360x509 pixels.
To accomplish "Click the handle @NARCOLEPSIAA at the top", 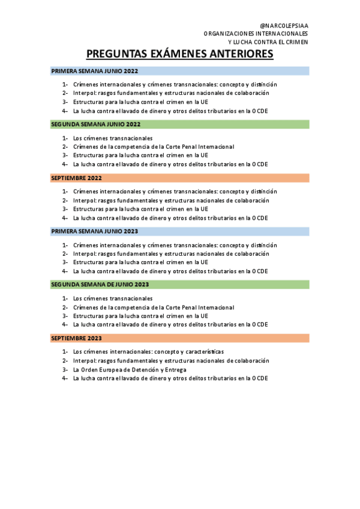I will [x=284, y=25].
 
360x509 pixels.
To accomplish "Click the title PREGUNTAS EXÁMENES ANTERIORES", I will [x=180, y=55].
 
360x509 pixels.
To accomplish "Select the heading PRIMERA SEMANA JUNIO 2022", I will [x=95, y=71].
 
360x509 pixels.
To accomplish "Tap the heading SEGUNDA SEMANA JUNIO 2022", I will [x=96, y=124].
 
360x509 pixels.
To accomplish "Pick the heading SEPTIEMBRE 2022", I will [x=77, y=178].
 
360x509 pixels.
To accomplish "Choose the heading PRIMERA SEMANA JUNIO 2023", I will [x=95, y=231].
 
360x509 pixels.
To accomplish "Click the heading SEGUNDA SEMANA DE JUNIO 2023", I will [x=100, y=285].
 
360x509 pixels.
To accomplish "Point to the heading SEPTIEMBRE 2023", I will [x=77, y=339].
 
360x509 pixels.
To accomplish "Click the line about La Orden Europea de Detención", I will [x=130, y=370].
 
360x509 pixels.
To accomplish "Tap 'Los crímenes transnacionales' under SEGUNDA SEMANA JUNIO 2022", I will [x=113, y=138].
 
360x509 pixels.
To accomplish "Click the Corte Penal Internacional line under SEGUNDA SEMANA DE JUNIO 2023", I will [x=153, y=307].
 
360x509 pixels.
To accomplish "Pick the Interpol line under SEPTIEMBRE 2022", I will [x=171, y=200].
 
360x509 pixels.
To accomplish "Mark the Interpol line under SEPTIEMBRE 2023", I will [x=171, y=361].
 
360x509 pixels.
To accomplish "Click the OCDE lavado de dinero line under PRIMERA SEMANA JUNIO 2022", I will [x=170, y=111].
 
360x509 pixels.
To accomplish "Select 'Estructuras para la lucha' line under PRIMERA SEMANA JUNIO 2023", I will [x=140, y=262].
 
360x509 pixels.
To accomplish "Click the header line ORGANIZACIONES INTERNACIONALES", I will [x=256, y=34].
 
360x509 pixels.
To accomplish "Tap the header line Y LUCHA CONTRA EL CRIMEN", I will [x=268, y=42].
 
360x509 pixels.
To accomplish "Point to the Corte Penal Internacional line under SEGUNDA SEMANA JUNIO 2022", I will [x=153, y=146].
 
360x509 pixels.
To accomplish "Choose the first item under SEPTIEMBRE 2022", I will [x=175, y=191].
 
